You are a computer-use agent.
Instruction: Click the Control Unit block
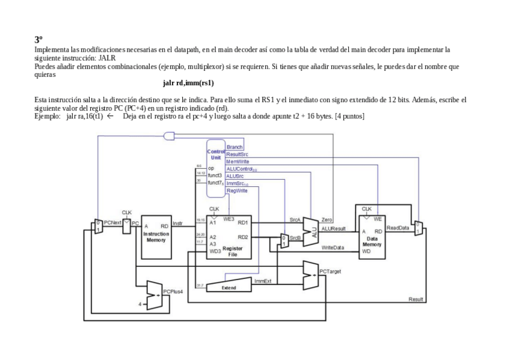(x=215, y=154)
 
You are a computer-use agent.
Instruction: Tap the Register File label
(x=233, y=251)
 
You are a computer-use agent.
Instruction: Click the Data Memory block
(x=371, y=239)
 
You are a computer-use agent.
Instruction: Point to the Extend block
(x=229, y=288)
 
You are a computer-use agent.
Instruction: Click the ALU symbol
(x=311, y=231)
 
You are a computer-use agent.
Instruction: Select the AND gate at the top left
(x=169, y=136)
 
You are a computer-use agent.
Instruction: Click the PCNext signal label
(x=112, y=222)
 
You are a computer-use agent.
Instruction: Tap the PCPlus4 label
(x=173, y=291)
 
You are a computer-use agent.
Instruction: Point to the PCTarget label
(x=330, y=272)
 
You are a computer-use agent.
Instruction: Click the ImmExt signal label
(x=263, y=281)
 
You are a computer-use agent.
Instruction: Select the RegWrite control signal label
(x=237, y=191)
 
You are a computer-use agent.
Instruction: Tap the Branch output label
(x=235, y=147)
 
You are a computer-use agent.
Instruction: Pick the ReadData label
(x=398, y=228)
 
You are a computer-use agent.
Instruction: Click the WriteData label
(x=333, y=248)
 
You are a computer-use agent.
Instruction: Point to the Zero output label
(x=327, y=221)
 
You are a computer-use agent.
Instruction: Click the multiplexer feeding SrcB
(x=284, y=240)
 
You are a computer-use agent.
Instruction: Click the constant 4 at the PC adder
(x=140, y=305)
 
